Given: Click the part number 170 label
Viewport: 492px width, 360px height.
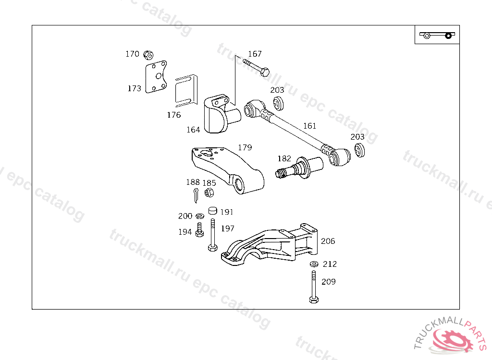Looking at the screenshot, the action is click(132, 54).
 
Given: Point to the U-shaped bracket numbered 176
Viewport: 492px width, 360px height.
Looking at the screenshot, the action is click(185, 90).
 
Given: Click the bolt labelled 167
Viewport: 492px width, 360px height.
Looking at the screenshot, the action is click(257, 67).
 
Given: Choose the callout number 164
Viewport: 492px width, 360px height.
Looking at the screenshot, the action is click(193, 130).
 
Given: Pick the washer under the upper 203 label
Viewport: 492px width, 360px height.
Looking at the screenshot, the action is click(278, 103).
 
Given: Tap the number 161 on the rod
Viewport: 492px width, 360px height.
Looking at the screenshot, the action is click(310, 126).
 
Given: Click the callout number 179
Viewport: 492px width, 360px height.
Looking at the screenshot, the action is click(245, 147).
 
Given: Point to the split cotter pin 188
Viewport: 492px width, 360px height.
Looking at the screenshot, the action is click(195, 195).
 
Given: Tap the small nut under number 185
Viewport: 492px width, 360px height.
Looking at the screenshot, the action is click(209, 193).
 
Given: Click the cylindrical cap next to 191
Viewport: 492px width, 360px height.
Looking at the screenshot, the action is click(213, 211).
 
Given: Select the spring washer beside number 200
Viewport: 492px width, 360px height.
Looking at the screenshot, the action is click(199, 216).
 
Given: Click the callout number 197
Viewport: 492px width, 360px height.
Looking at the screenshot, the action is click(227, 228).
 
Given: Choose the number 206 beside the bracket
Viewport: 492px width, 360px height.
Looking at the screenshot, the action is click(328, 241).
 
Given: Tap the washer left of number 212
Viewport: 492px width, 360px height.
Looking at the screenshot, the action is click(314, 264).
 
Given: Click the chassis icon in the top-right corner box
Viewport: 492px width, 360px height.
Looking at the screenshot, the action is click(437, 35).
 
